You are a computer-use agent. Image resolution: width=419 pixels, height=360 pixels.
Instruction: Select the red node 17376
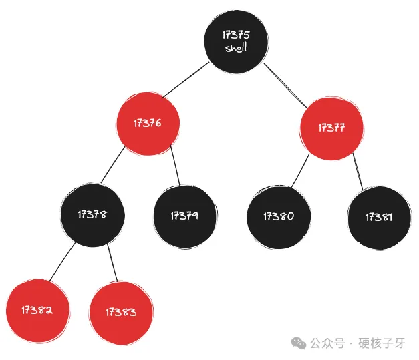tap(148, 123)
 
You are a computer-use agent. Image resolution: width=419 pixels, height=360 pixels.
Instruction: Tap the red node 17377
tap(331, 128)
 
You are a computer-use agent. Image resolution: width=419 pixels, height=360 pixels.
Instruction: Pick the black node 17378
tap(92, 214)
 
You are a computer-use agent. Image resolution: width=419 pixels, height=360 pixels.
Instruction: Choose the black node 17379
tap(184, 215)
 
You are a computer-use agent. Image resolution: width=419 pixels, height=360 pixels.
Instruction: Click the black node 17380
tap(278, 216)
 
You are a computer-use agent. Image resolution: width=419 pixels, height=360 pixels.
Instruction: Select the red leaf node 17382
tap(37, 310)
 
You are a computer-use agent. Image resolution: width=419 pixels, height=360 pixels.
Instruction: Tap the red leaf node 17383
tap(121, 311)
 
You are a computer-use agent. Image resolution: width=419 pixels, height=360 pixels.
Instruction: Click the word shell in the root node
tap(236, 47)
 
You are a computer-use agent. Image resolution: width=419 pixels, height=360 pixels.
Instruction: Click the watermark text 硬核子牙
tap(382, 343)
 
